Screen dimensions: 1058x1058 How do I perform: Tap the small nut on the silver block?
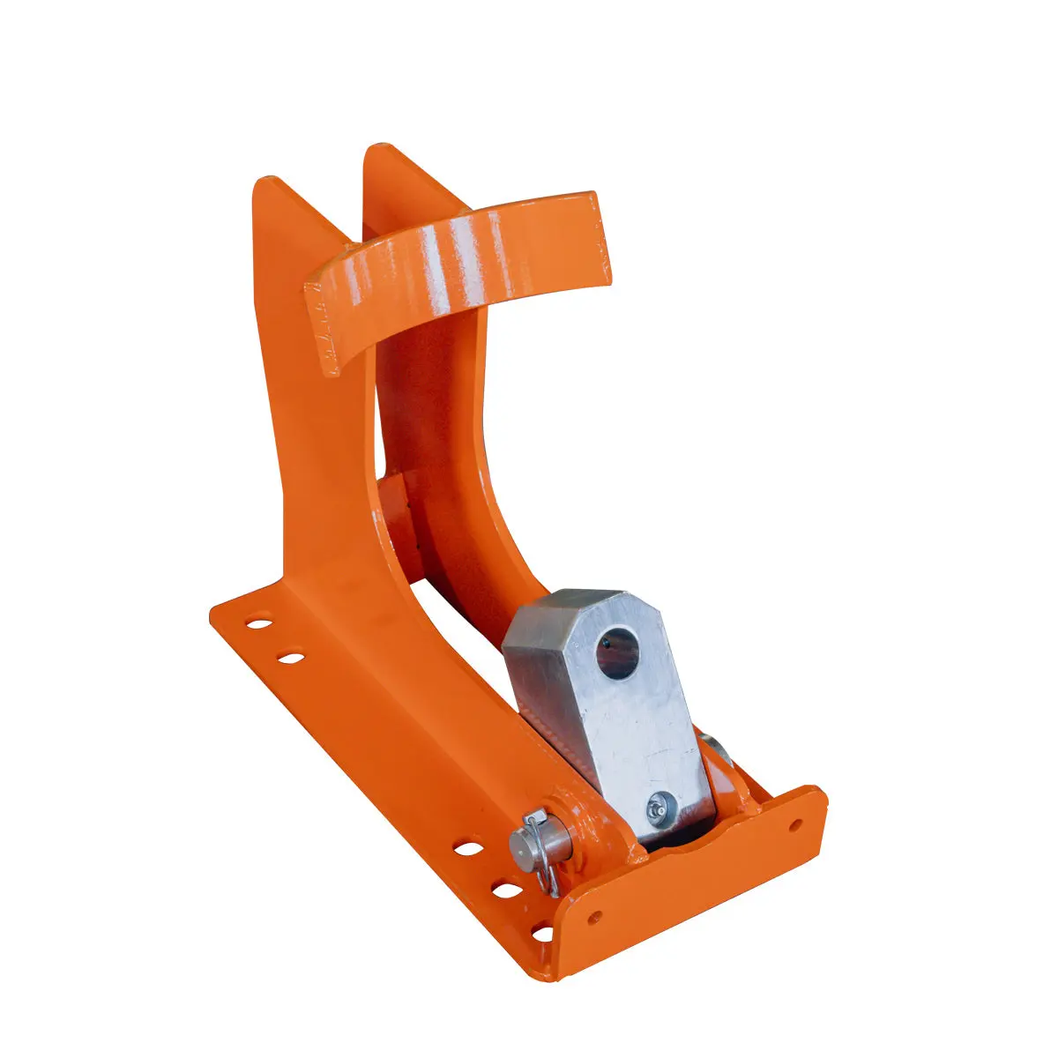pos(659,804)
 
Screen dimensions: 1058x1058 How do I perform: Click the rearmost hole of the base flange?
pos(258,623)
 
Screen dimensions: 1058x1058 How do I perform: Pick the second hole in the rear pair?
pos(290,656)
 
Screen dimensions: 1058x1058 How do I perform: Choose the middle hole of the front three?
pos(507,890)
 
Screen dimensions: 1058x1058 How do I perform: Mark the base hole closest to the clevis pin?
pos(469,849)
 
